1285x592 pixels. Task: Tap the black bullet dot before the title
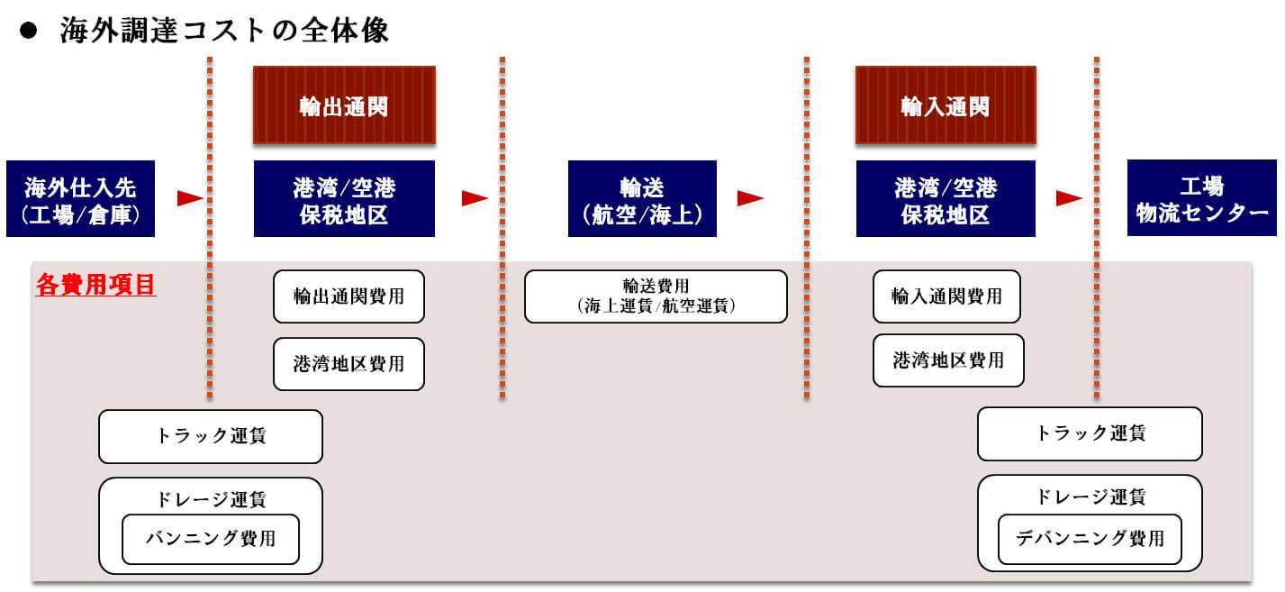[x=27, y=30]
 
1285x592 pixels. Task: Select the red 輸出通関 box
[x=344, y=105]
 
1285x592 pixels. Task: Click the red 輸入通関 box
[x=945, y=105]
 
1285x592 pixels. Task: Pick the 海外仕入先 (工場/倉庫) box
[x=81, y=199]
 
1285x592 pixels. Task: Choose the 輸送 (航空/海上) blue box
[x=642, y=199]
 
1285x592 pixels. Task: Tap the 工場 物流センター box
[x=1201, y=199]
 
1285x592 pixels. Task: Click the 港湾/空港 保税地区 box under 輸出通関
[x=344, y=199]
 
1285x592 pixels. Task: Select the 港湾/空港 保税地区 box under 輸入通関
[x=946, y=199]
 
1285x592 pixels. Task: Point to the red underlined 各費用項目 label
[x=95, y=286]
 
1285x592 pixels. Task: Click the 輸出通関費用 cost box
[x=348, y=296]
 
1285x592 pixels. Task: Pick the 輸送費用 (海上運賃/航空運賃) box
[x=656, y=296]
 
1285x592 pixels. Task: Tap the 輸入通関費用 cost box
[x=946, y=296]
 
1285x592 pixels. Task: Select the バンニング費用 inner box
[x=211, y=539]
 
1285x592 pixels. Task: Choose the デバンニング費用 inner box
[x=1090, y=539]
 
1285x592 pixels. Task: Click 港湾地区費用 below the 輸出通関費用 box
[x=348, y=364]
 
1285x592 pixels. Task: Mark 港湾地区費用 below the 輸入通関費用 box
[x=948, y=360]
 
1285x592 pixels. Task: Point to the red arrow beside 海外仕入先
[x=190, y=198]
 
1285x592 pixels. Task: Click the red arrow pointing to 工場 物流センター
[x=1069, y=198]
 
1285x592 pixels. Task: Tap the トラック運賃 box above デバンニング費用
[x=1090, y=433]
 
